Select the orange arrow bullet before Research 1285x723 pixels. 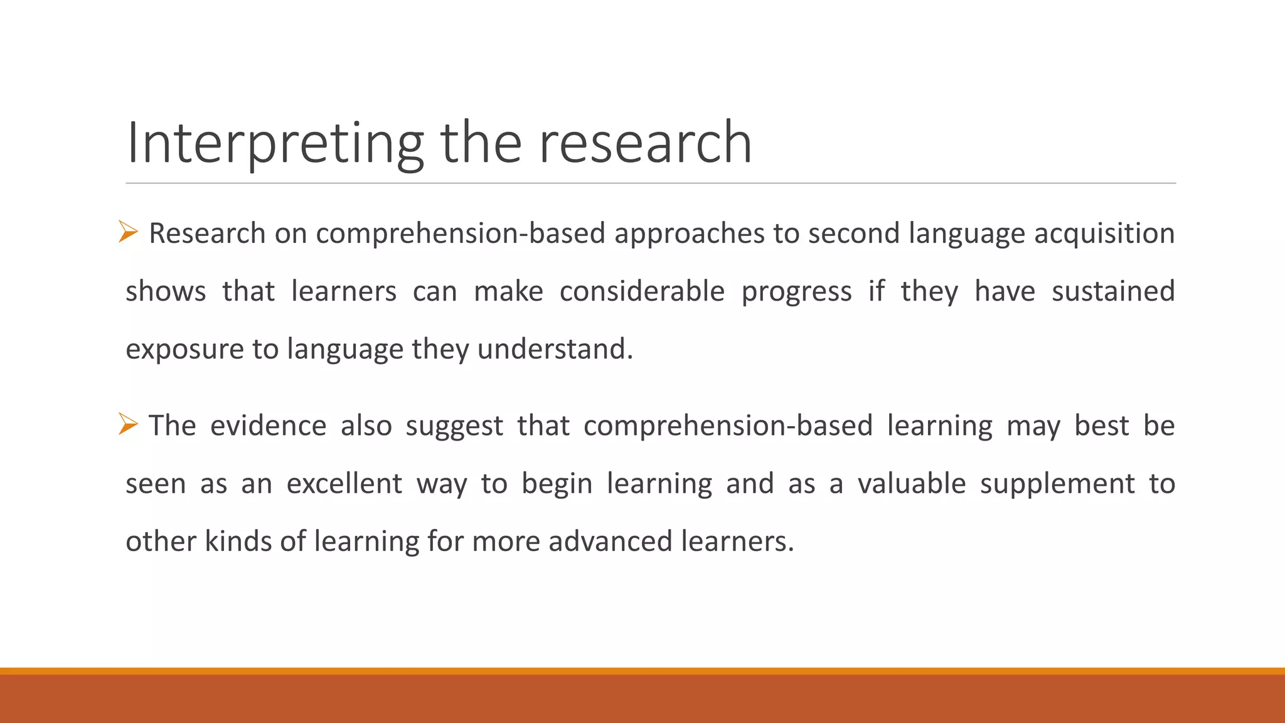[x=128, y=233]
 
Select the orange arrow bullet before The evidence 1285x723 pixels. [x=128, y=425]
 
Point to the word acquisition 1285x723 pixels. [x=1104, y=233]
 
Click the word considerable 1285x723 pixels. [x=642, y=291]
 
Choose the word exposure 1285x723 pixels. [x=184, y=350]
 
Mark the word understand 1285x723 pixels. [x=555, y=349]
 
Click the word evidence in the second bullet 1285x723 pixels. [x=268, y=426]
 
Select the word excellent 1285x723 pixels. [x=344, y=483]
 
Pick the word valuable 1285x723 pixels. [x=912, y=483]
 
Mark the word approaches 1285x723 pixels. [x=689, y=234]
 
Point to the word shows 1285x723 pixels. [x=166, y=291]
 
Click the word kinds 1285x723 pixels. [x=238, y=541]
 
